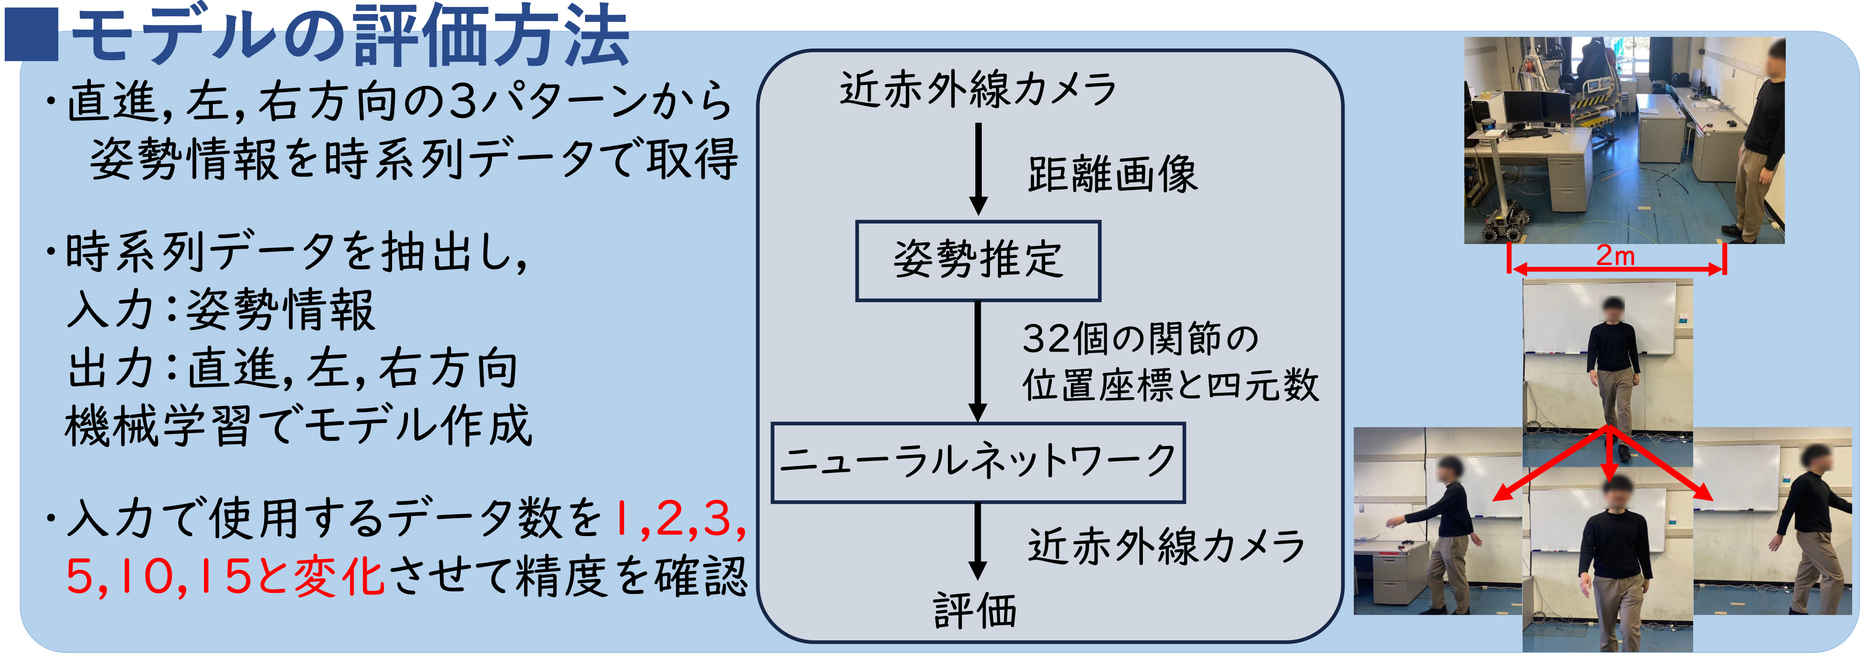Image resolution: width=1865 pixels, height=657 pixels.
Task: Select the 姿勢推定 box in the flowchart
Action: click(978, 261)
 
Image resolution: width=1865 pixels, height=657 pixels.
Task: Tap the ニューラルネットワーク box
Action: click(978, 463)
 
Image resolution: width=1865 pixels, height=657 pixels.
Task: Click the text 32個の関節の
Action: click(1140, 339)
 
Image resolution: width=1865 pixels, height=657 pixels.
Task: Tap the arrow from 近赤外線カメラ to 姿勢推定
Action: click(978, 169)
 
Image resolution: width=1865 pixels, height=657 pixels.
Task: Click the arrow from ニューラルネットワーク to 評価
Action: click(978, 541)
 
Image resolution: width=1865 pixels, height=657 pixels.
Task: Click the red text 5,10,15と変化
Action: click(225, 577)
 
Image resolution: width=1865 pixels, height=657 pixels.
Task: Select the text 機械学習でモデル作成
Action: click(298, 426)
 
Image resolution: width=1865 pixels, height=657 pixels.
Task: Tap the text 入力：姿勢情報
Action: click(220, 309)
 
